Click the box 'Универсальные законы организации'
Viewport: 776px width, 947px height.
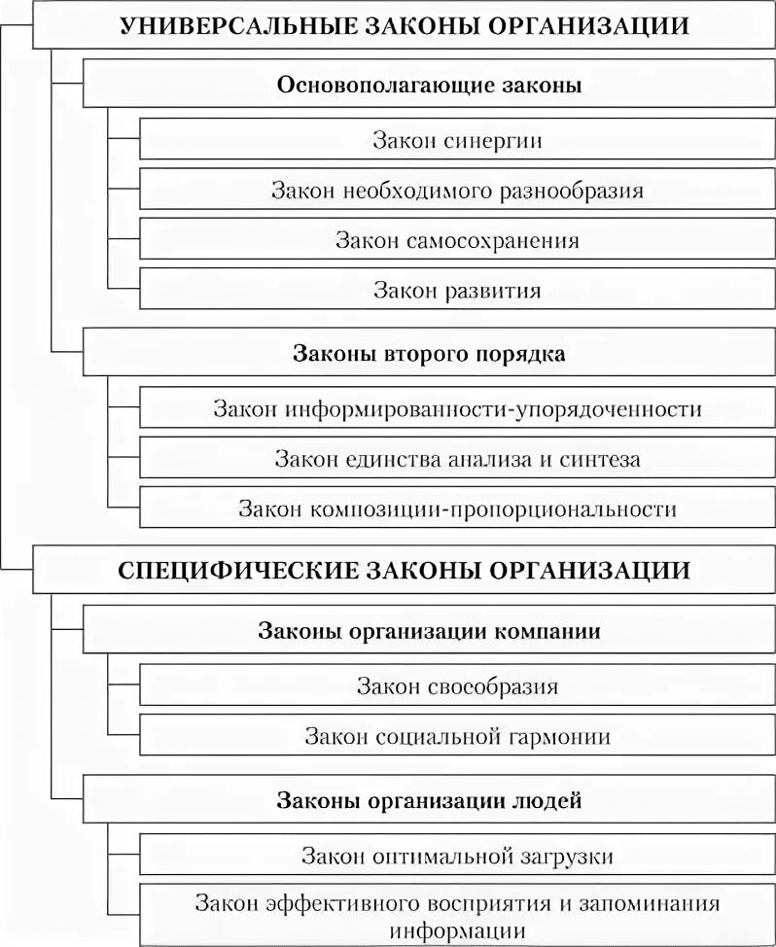click(404, 26)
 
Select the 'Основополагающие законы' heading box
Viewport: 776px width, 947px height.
click(429, 85)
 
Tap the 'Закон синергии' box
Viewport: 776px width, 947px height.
click(457, 140)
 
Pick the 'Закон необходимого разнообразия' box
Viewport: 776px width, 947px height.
click(457, 190)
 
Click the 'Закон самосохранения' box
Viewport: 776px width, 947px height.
click(457, 239)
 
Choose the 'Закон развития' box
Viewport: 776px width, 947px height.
click(457, 290)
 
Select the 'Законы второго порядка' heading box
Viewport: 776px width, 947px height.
click(429, 354)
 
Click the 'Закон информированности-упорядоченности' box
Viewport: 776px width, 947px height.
click(457, 408)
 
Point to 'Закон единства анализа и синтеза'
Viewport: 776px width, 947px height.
click(457, 458)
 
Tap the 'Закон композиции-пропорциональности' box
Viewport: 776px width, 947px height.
click(457, 509)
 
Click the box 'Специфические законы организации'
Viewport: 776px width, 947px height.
click(404, 570)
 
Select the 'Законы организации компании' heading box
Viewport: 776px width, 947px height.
click(429, 631)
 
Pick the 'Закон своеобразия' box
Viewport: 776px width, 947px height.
click(457, 686)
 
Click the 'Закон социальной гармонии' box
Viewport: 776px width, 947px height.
click(457, 736)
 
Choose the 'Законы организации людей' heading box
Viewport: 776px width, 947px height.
click(429, 801)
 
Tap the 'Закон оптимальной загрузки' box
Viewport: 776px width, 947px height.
click(457, 856)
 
